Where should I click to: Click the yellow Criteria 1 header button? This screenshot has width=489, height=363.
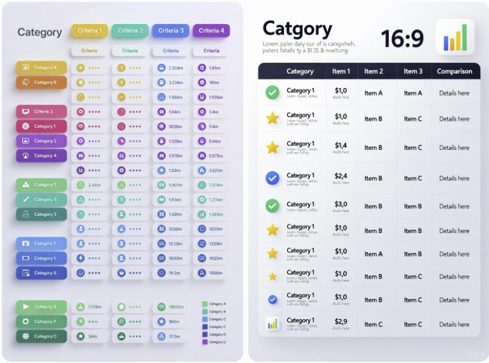coord(90,30)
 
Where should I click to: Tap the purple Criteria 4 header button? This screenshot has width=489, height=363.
coord(211,30)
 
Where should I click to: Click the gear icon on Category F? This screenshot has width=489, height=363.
coord(26,322)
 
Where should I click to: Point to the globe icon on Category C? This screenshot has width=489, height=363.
coord(26,336)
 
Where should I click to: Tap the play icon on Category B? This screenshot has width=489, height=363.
coord(26,307)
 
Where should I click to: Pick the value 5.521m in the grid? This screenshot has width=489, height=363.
coord(215,170)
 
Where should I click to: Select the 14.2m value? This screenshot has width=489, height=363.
coord(175,273)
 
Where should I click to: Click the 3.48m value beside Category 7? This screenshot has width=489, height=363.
coord(95,185)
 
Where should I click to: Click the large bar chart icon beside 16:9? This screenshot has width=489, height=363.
coord(455,37)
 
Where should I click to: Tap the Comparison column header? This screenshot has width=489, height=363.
coord(454,72)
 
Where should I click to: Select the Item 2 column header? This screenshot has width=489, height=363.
coord(373,72)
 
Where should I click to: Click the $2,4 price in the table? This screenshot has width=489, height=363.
coord(341,176)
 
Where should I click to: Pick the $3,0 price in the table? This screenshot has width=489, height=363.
coord(341,204)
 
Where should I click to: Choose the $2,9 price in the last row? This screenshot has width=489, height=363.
coord(341,322)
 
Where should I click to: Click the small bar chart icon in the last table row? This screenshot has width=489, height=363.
coord(272,324)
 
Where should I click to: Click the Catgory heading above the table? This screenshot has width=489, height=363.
coord(297,29)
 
